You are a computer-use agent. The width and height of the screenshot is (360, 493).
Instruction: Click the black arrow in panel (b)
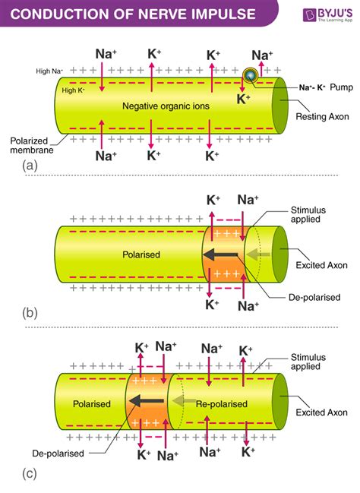coord(225,256)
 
